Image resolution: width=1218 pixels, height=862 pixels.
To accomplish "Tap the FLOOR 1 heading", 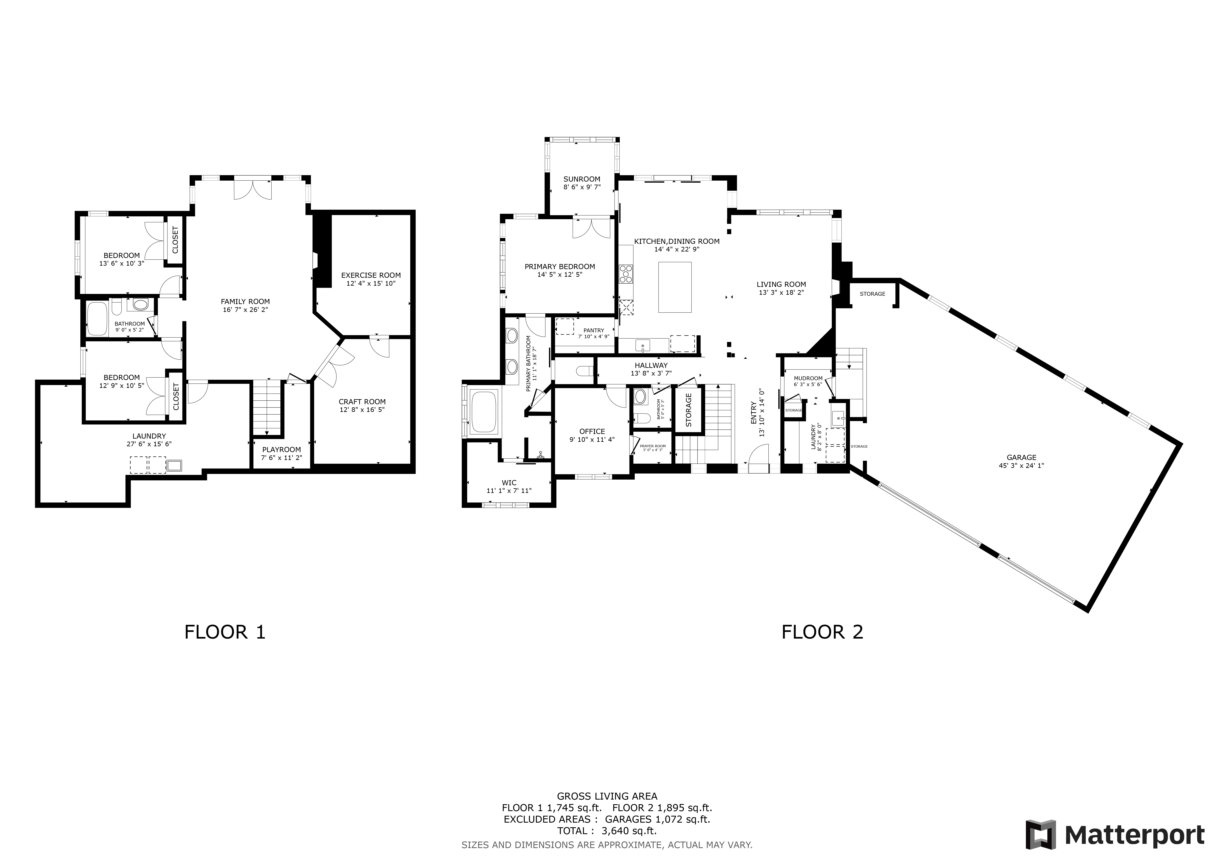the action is [225, 632].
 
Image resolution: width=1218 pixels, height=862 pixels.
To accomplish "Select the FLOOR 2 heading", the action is [822, 632].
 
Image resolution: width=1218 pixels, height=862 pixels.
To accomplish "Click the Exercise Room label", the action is [371, 275].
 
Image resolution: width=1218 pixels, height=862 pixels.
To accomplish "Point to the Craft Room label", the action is [362, 402].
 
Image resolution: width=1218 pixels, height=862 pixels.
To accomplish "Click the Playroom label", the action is [282, 449].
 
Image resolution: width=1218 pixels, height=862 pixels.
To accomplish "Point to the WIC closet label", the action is [509, 483].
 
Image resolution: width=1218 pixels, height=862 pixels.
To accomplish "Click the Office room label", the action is [592, 432].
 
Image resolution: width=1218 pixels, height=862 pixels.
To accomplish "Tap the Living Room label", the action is [781, 284].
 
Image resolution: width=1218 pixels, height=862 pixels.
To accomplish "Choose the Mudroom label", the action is [808, 378].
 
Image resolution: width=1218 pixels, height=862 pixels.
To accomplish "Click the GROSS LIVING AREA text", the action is [607, 811].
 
